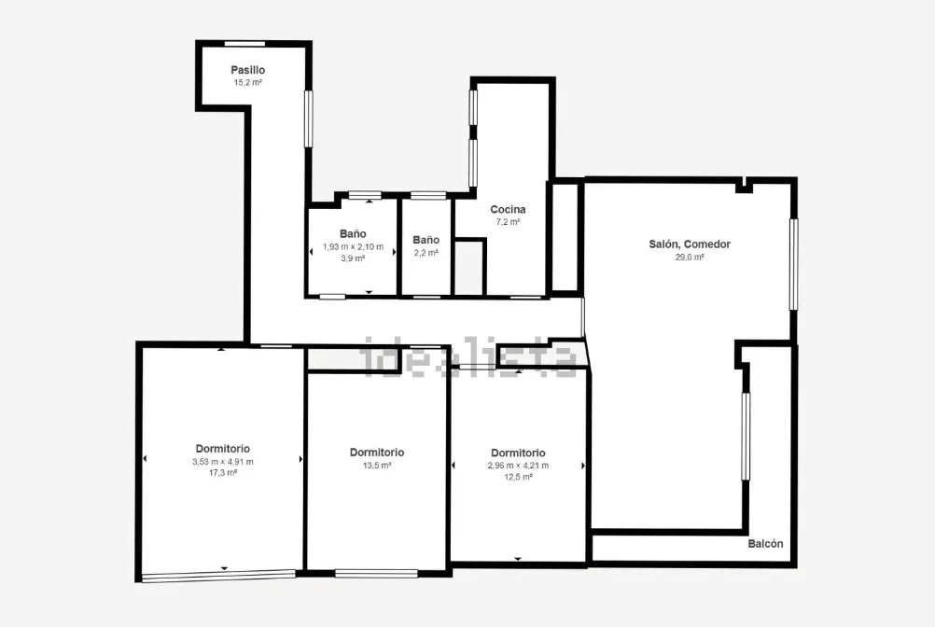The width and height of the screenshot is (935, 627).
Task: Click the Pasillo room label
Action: click(248, 70)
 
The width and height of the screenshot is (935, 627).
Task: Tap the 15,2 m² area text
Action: click(248, 83)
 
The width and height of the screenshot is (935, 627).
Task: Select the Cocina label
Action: click(508, 209)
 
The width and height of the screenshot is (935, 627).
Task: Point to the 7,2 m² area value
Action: click(508, 222)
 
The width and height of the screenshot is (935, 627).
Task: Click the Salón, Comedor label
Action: click(690, 244)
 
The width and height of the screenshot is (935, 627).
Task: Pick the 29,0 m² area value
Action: click(690, 258)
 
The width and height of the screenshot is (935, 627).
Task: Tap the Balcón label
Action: click(766, 544)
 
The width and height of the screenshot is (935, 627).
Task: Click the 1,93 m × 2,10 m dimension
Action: click(353, 246)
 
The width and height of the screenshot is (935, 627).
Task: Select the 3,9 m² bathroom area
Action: click(353, 258)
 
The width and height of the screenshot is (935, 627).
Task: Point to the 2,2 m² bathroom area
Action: click(426, 253)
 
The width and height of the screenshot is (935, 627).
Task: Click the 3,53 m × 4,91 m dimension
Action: click(223, 462)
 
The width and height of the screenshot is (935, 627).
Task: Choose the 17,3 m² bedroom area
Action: click(223, 473)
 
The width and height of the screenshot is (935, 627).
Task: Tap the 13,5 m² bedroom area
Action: click(377, 466)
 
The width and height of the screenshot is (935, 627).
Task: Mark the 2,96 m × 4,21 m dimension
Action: click(518, 466)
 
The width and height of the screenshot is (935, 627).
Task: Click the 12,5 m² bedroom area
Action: click(518, 477)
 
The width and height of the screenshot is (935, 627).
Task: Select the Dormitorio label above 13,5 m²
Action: click(377, 453)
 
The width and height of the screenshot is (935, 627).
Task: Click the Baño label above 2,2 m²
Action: click(426, 240)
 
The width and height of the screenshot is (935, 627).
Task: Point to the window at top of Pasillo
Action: click(244, 44)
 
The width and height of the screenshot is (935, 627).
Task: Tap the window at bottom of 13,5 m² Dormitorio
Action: click(376, 574)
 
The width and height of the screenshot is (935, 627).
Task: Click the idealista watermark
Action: click(468, 357)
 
